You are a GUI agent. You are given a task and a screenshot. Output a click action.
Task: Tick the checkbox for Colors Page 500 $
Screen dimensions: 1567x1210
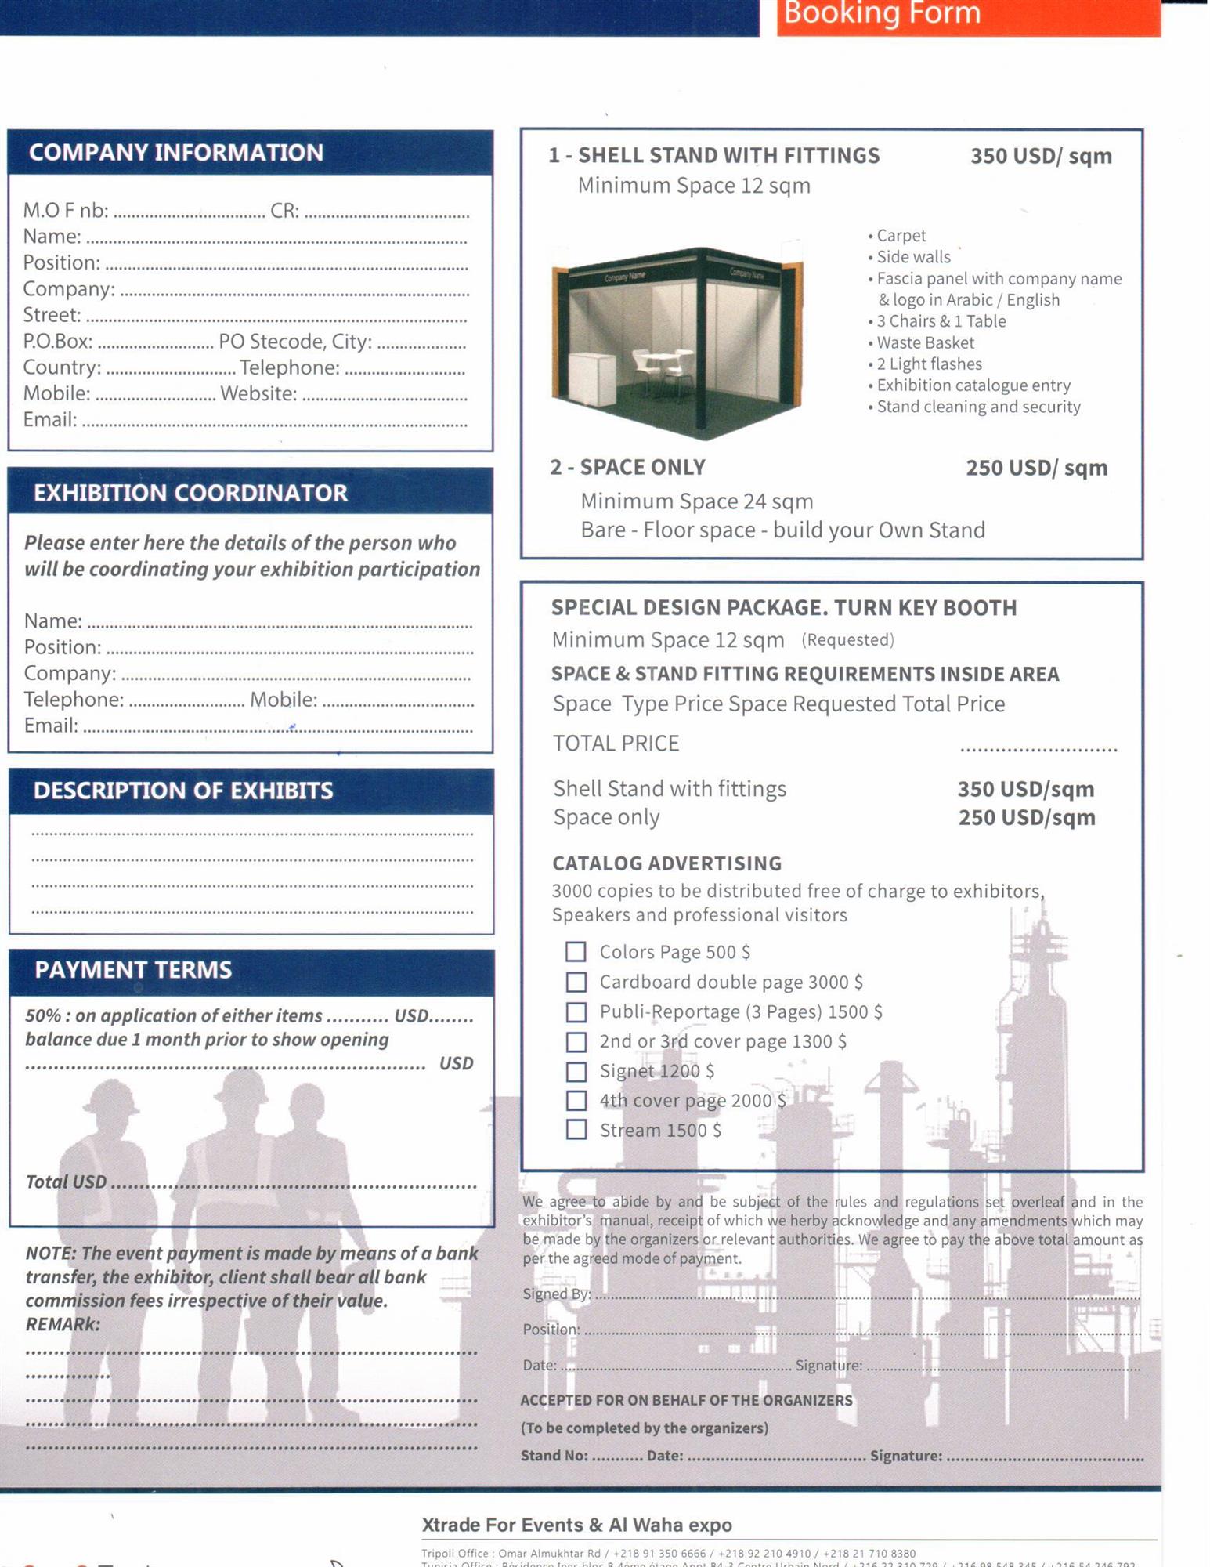[x=576, y=952]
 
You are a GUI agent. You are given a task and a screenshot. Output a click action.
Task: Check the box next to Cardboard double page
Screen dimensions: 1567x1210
[x=576, y=982]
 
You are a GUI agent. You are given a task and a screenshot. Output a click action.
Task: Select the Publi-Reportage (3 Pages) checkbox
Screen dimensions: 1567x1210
[x=576, y=1011]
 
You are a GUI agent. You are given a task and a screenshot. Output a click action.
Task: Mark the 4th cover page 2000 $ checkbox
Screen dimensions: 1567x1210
[x=576, y=1101]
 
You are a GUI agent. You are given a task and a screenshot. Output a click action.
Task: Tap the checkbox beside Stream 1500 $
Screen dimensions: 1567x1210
[x=576, y=1130]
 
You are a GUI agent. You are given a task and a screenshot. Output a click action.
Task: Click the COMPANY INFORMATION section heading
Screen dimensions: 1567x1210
[x=175, y=152]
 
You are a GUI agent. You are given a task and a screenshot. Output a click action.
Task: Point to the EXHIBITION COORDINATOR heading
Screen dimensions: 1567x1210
[x=190, y=493]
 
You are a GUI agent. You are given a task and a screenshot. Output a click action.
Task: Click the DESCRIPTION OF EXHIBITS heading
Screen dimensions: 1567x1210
[x=182, y=791]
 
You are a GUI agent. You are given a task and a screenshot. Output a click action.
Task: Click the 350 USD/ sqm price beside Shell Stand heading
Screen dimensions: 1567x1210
[x=1040, y=156]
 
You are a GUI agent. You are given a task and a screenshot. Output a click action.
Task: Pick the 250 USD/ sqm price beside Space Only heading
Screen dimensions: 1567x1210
[x=1036, y=468]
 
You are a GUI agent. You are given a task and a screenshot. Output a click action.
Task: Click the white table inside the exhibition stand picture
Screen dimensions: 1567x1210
[x=662, y=359]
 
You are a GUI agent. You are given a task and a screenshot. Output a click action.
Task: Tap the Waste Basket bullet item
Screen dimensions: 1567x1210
[x=925, y=342]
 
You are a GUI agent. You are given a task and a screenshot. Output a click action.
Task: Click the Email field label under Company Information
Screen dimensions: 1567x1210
[x=49, y=420]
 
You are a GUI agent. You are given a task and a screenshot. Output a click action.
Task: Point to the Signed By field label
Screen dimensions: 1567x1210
[x=556, y=1294]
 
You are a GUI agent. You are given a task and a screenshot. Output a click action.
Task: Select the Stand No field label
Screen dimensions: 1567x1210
[x=554, y=1456]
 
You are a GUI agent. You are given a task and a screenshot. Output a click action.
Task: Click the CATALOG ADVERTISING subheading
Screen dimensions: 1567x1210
[x=666, y=863]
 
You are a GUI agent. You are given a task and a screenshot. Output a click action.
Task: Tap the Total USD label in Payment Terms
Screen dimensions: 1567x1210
[x=66, y=1182]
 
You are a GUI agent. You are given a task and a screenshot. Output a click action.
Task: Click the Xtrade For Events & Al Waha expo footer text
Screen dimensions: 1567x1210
[x=576, y=1525]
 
